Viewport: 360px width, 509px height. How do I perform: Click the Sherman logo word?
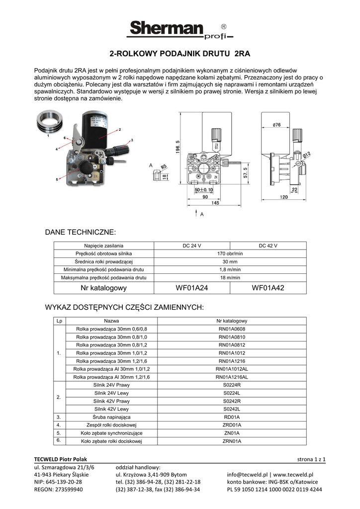[x=165, y=28]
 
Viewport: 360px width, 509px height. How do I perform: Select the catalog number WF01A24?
[x=192, y=288]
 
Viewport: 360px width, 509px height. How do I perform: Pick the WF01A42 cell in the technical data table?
[x=268, y=288]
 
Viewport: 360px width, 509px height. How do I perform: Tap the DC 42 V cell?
[x=268, y=246]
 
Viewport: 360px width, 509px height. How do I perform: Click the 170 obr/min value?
[x=230, y=254]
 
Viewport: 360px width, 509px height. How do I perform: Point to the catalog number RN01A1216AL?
[x=232, y=377]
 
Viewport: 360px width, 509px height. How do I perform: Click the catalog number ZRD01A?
[x=232, y=425]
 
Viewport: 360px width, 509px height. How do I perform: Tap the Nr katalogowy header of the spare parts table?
[x=232, y=321]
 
